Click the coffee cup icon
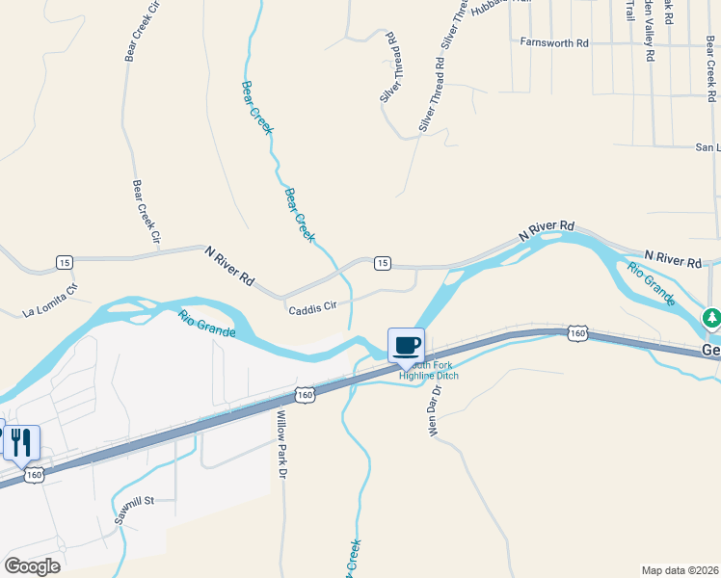(406, 344)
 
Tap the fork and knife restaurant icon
(21, 442)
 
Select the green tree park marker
(711, 317)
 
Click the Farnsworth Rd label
(553, 43)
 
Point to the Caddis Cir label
(311, 307)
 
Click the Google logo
(31, 565)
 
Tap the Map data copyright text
(679, 570)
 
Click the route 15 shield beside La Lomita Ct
(64, 262)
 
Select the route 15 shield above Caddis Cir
(382, 263)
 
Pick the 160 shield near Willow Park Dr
(305, 394)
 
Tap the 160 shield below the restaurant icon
(35, 475)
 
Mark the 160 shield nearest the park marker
(576, 333)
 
